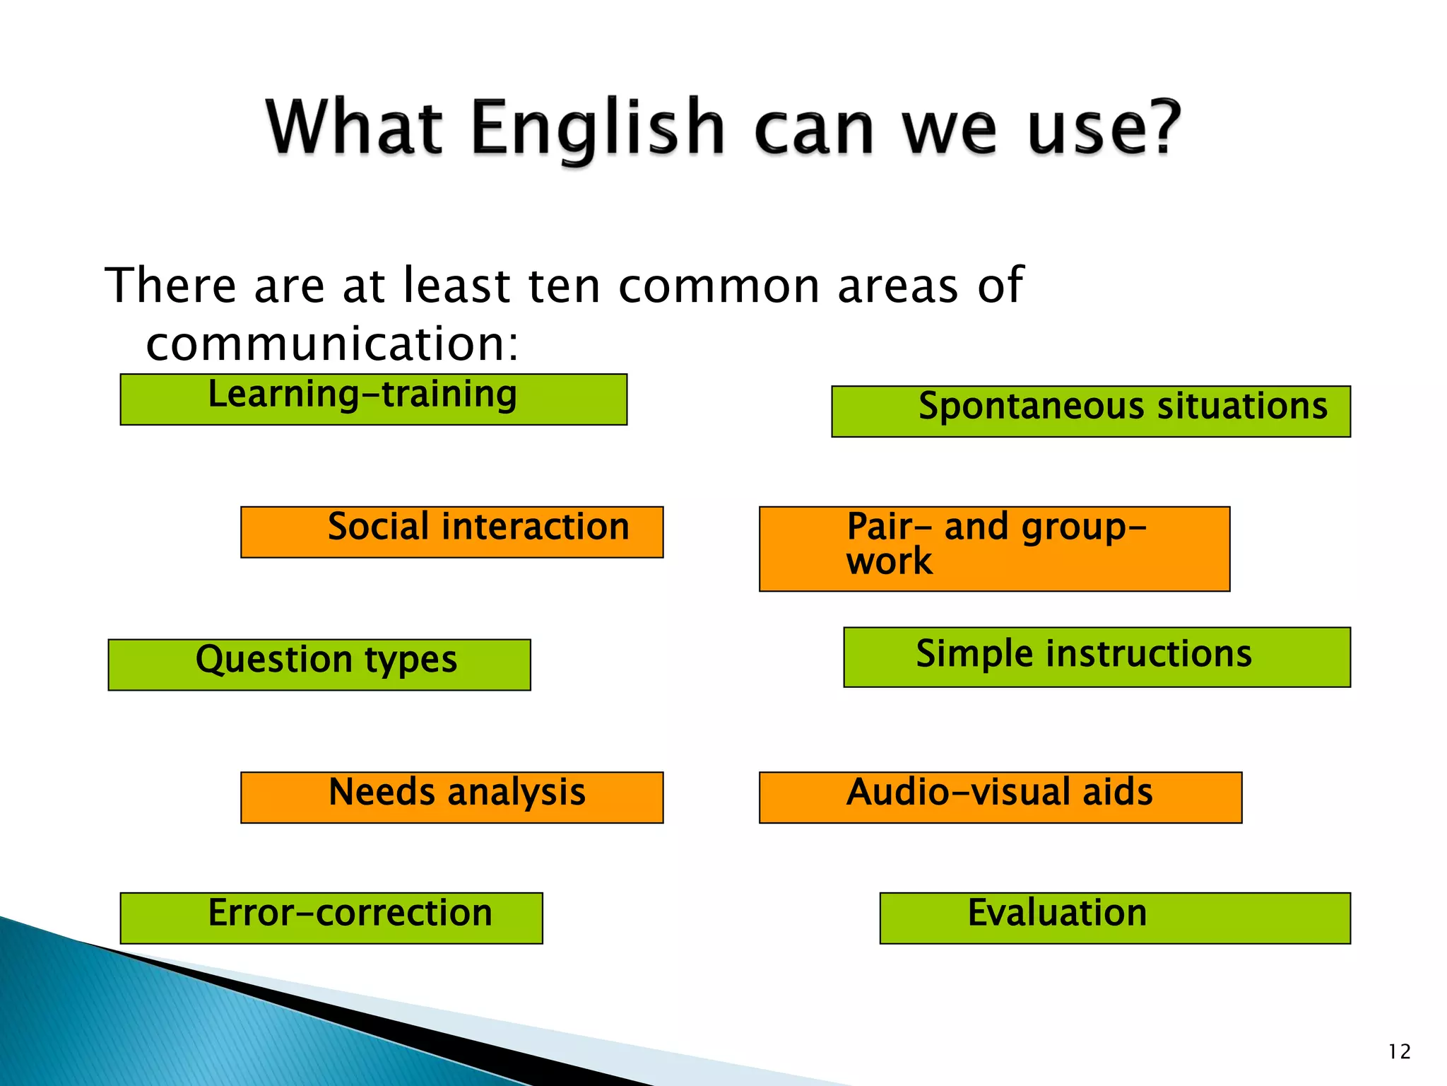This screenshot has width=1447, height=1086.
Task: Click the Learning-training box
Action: click(x=373, y=399)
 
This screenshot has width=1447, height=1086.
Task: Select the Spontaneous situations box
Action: click(x=1090, y=411)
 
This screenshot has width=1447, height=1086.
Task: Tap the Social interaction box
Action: click(x=451, y=532)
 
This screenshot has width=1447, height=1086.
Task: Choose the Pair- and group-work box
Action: click(x=994, y=548)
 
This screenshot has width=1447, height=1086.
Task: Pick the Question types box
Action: click(x=319, y=664)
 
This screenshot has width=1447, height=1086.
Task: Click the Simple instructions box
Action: click(x=1097, y=656)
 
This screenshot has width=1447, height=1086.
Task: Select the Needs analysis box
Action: click(x=451, y=797)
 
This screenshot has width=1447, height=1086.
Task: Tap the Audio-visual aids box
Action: click(x=1000, y=797)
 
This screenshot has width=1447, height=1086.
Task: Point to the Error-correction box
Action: click(x=331, y=918)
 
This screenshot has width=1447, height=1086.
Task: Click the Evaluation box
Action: click(x=1114, y=918)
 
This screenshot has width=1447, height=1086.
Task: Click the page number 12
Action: click(x=1399, y=1051)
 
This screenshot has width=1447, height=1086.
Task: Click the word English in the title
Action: click(x=597, y=129)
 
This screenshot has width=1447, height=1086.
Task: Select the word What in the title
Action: click(x=354, y=127)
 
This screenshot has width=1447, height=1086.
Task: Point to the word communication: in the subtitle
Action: click(x=332, y=344)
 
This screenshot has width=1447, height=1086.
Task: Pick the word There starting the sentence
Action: click(x=170, y=286)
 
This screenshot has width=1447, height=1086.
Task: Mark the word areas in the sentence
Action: click(x=897, y=287)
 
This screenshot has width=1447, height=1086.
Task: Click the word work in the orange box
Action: click(x=889, y=561)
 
